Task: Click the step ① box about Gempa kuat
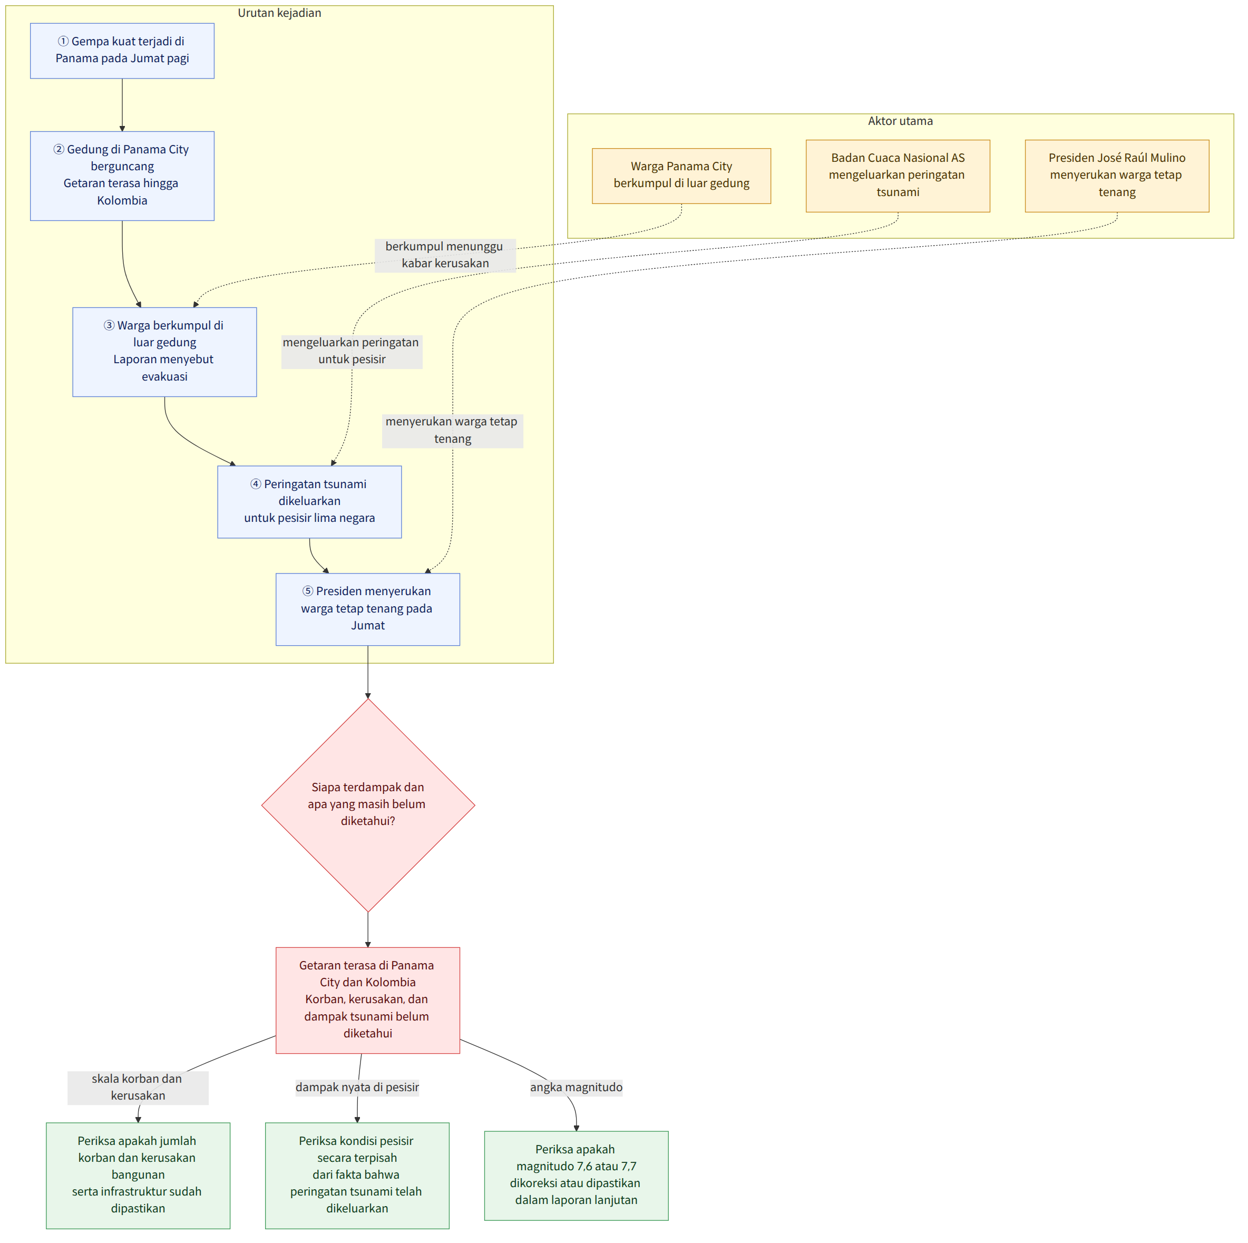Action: (x=122, y=51)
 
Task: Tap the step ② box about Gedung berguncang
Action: (x=122, y=176)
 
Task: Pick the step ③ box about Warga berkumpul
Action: (x=165, y=352)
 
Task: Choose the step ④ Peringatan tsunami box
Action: (x=309, y=502)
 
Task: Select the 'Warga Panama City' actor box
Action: (x=681, y=176)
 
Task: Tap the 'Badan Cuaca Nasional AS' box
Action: (x=898, y=176)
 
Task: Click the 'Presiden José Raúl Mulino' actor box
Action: (x=1117, y=176)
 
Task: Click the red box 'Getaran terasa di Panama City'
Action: (x=367, y=1000)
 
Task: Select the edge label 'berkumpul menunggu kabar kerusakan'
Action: (x=445, y=255)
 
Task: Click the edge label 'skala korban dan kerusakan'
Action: (x=138, y=1087)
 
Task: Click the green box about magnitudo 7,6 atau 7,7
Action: (x=576, y=1175)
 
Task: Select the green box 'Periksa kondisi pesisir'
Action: (x=357, y=1175)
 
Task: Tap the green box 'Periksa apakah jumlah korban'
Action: (x=138, y=1175)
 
